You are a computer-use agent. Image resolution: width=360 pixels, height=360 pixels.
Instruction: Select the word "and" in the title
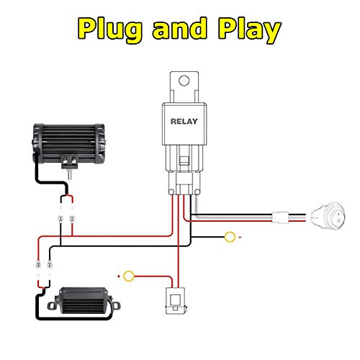tap(180, 30)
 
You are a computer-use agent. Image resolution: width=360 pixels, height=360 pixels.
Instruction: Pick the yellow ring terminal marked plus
tap(130, 275)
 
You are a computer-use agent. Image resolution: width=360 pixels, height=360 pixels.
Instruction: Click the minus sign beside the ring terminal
tap(241, 235)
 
